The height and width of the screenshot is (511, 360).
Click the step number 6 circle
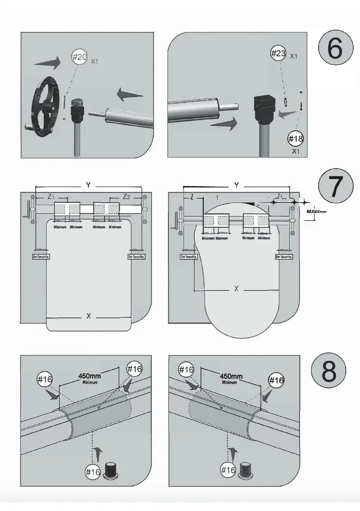pos(334,48)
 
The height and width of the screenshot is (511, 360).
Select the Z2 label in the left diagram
pos(127,197)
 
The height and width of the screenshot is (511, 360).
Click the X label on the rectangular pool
pos(88,316)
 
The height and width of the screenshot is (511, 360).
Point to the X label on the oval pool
pos(236,289)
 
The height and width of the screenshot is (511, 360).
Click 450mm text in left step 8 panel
pos(89,375)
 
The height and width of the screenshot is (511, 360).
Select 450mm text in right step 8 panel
pos(231,376)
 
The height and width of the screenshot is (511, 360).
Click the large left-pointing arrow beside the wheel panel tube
pos(130,95)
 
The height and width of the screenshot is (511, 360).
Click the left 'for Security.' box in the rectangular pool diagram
pos(42,256)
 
